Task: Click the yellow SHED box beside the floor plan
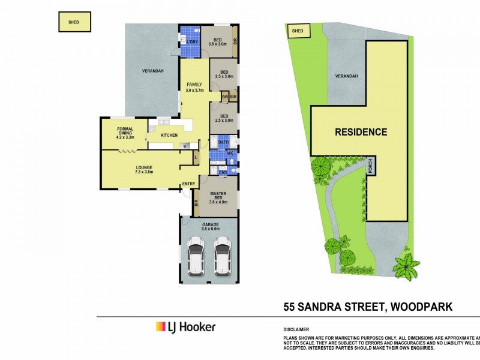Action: (x=74, y=22)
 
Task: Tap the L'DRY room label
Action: (x=192, y=41)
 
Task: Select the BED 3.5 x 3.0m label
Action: (x=217, y=41)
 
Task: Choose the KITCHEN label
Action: (x=169, y=136)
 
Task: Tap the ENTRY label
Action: (x=188, y=184)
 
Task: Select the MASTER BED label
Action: (x=217, y=197)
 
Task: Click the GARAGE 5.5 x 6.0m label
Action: (x=210, y=226)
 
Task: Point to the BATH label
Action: (x=223, y=142)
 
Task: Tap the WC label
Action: (x=229, y=154)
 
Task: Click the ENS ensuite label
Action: (x=223, y=172)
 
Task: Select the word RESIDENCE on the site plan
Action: (x=361, y=132)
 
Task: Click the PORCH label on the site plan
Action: (x=371, y=166)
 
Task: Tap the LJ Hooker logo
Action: (x=185, y=327)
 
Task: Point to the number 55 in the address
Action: (x=292, y=307)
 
